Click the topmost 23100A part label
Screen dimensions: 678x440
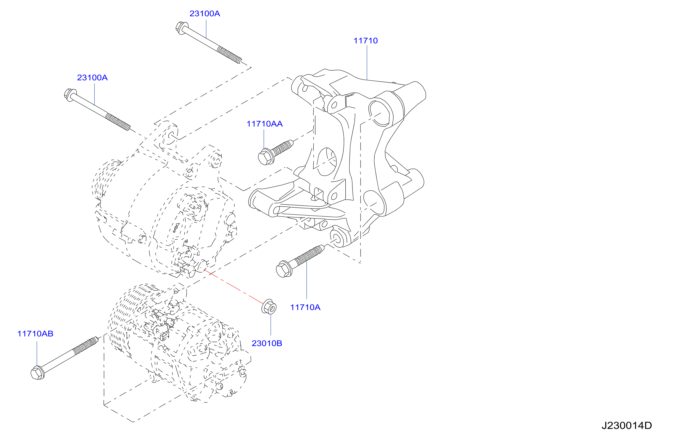pyautogui.click(x=205, y=14)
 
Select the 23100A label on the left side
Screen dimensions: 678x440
pyautogui.click(x=92, y=78)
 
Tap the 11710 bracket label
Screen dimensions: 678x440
pyautogui.click(x=366, y=41)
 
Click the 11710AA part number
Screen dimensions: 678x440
pyautogui.click(x=264, y=124)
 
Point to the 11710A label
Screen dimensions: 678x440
pyautogui.click(x=305, y=307)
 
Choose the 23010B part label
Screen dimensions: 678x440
pyautogui.click(x=267, y=343)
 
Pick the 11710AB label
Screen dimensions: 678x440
pyautogui.click(x=35, y=334)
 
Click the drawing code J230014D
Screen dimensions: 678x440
pyautogui.click(x=627, y=426)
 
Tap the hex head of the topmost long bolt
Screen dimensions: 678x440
pyautogui.click(x=181, y=28)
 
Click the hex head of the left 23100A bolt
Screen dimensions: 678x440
pyautogui.click(x=70, y=95)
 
